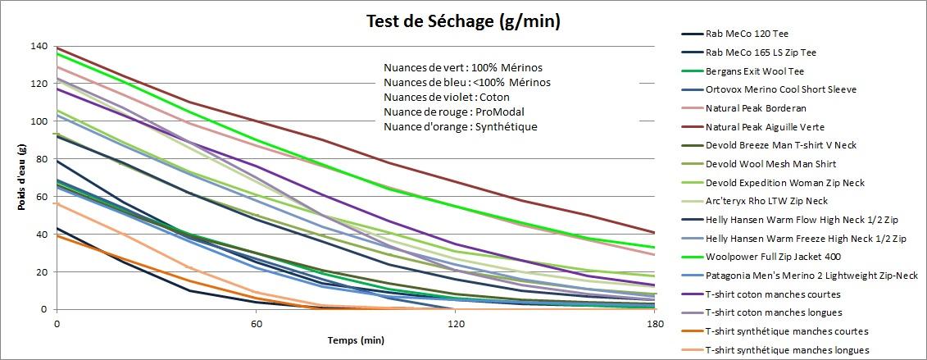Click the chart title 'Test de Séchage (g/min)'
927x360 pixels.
[x=463, y=21]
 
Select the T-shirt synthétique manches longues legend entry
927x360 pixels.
[x=787, y=350]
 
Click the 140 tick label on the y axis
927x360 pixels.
[x=38, y=46]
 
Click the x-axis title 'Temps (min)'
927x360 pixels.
[x=356, y=339]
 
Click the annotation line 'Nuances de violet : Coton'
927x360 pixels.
[x=447, y=97]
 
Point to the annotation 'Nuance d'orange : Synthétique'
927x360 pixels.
[x=461, y=126]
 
